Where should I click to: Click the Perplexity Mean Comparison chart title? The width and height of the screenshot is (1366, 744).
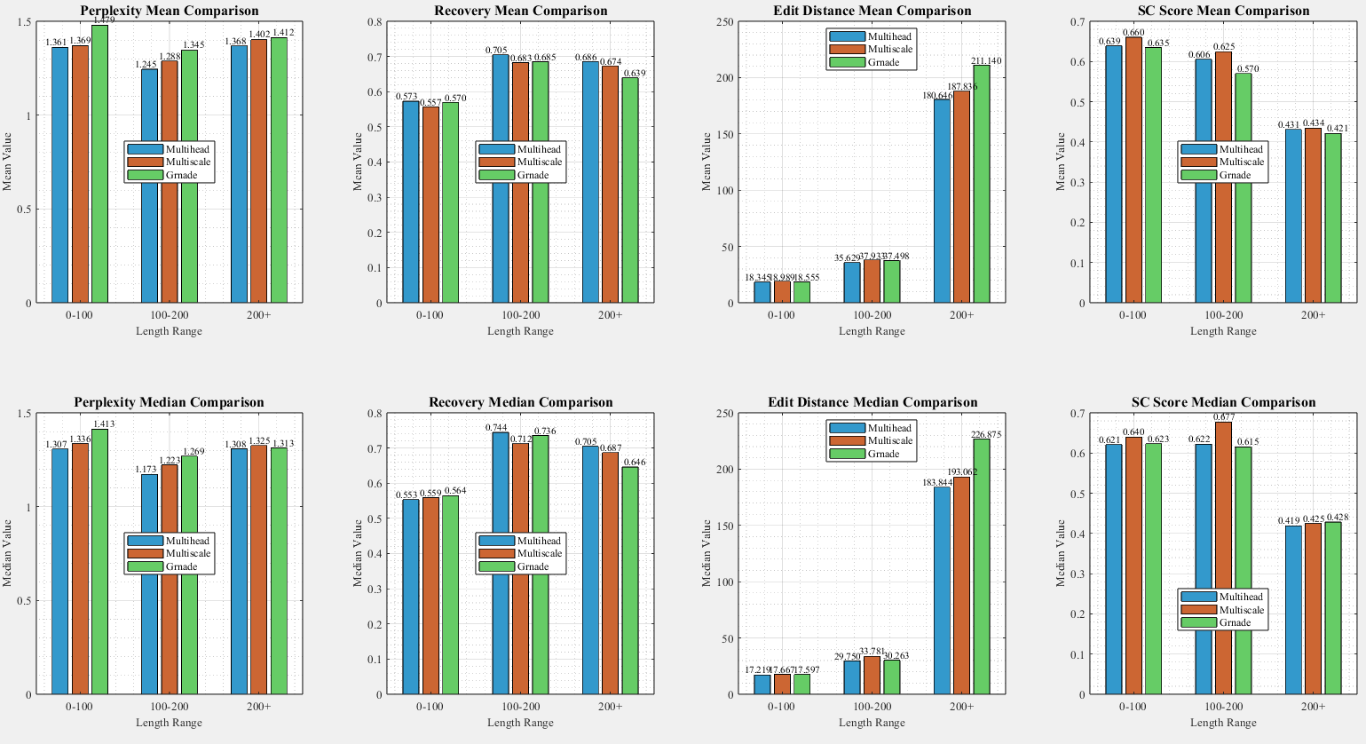click(169, 12)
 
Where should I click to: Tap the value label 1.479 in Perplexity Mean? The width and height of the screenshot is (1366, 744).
click(104, 20)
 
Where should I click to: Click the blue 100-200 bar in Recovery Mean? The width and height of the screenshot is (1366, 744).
click(501, 178)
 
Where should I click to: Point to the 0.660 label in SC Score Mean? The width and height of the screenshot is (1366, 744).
click(1133, 33)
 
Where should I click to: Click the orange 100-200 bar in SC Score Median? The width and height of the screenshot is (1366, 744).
click(1223, 558)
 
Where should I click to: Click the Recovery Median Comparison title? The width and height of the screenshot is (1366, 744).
click(520, 403)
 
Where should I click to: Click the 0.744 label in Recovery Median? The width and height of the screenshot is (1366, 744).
click(496, 428)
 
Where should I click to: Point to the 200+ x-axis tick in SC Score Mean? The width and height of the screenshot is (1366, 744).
click(1314, 315)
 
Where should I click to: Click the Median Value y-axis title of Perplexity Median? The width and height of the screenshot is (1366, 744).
click(8, 554)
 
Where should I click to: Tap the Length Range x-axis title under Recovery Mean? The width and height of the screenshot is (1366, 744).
click(520, 331)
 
